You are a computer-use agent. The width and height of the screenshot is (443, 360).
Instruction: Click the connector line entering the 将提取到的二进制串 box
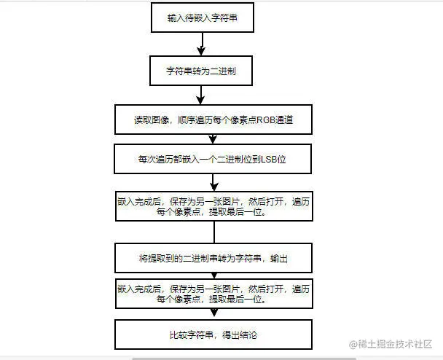[x=213, y=230]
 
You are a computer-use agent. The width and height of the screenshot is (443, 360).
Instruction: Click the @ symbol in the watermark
[x=353, y=343]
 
